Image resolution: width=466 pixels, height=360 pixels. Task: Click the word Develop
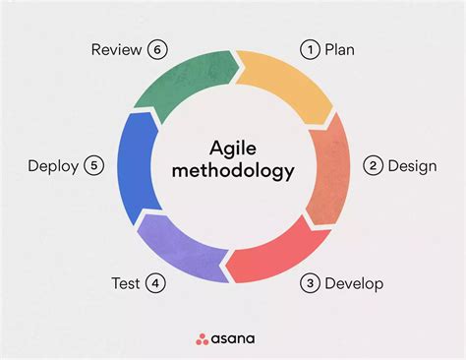355,284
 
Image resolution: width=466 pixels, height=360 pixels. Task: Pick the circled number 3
310,284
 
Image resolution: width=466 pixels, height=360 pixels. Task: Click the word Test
126,284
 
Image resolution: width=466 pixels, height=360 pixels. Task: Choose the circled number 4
155,284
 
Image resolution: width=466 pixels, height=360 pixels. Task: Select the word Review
116,49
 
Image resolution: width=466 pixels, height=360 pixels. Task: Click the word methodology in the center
233,172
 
